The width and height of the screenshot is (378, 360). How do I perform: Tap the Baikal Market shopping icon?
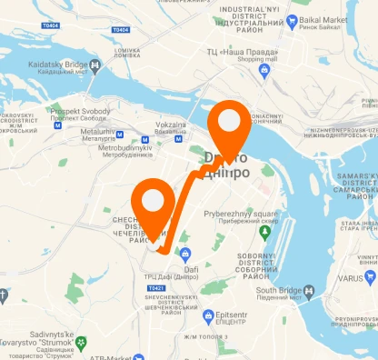(x=292, y=19)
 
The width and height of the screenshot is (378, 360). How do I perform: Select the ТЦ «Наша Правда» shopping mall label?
(x=244, y=54)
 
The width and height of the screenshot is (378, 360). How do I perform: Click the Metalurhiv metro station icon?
(x=61, y=128)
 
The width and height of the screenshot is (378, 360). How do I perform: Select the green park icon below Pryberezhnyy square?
(x=265, y=234)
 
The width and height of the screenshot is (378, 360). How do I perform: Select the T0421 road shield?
(x=155, y=288)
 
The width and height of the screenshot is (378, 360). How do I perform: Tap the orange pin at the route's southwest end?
(x=154, y=206)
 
